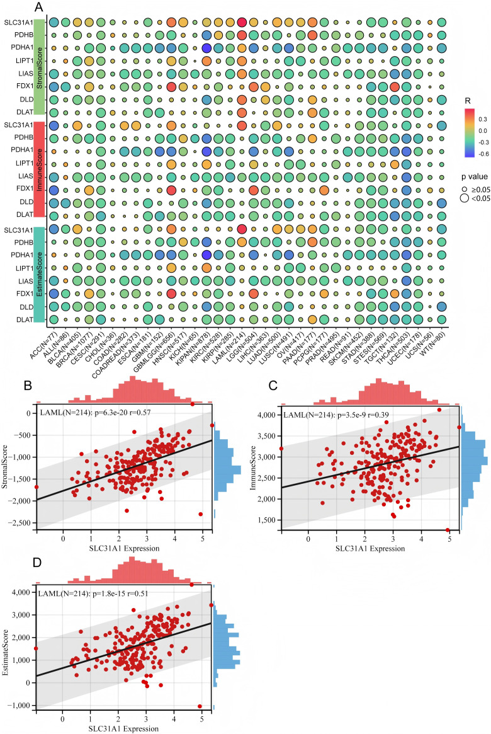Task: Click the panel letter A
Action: [39, 8]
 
